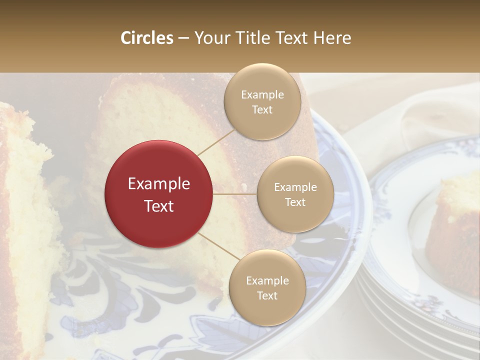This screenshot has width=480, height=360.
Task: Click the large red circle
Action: click(159, 194)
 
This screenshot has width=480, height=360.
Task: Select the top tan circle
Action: click(262, 101)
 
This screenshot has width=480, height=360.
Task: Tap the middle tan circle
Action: click(295, 194)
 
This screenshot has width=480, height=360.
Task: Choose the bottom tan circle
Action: click(267, 287)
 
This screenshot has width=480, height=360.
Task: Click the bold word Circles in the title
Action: click(147, 38)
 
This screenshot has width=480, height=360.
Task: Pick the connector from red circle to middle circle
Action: click(235, 194)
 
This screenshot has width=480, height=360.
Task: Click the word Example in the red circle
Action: click(159, 184)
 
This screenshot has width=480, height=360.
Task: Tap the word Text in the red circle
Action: click(159, 205)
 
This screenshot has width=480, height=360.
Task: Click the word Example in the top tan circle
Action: click(262, 94)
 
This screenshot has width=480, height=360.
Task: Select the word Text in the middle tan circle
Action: click(295, 202)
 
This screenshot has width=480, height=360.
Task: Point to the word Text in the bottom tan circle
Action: click(267, 295)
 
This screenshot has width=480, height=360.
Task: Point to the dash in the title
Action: click(183, 38)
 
